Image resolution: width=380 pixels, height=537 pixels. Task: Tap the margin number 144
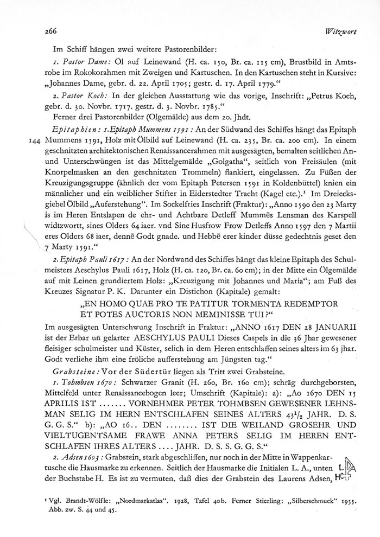36,140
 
